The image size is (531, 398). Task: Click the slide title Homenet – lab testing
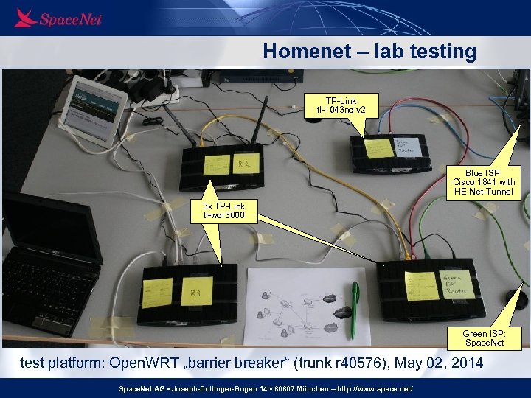369,52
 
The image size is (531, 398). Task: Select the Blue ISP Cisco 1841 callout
484,181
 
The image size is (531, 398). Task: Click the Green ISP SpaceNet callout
484,338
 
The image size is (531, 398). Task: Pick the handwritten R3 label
196,294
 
